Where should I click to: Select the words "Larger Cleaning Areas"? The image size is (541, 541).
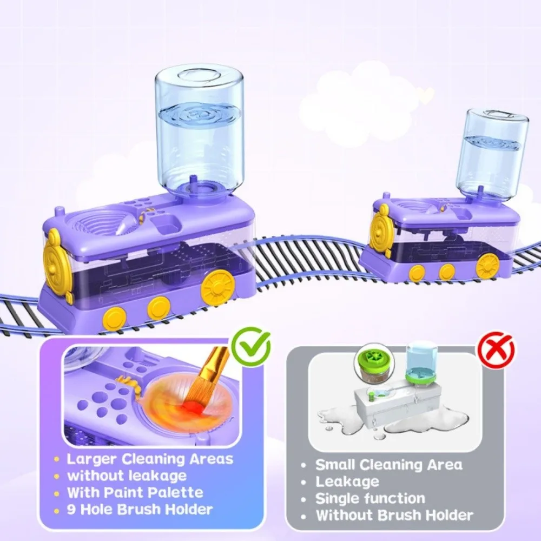coord(150,459)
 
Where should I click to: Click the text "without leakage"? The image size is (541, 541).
coord(127,476)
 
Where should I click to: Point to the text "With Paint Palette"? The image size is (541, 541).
coord(135,492)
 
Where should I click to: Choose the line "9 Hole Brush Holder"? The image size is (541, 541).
coord(140,509)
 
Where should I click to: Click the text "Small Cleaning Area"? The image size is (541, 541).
coord(388,465)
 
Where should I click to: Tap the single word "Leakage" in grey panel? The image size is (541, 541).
coord(347,481)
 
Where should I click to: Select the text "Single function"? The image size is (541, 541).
coord(370,498)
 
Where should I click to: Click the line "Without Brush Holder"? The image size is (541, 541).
coord(394,515)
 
